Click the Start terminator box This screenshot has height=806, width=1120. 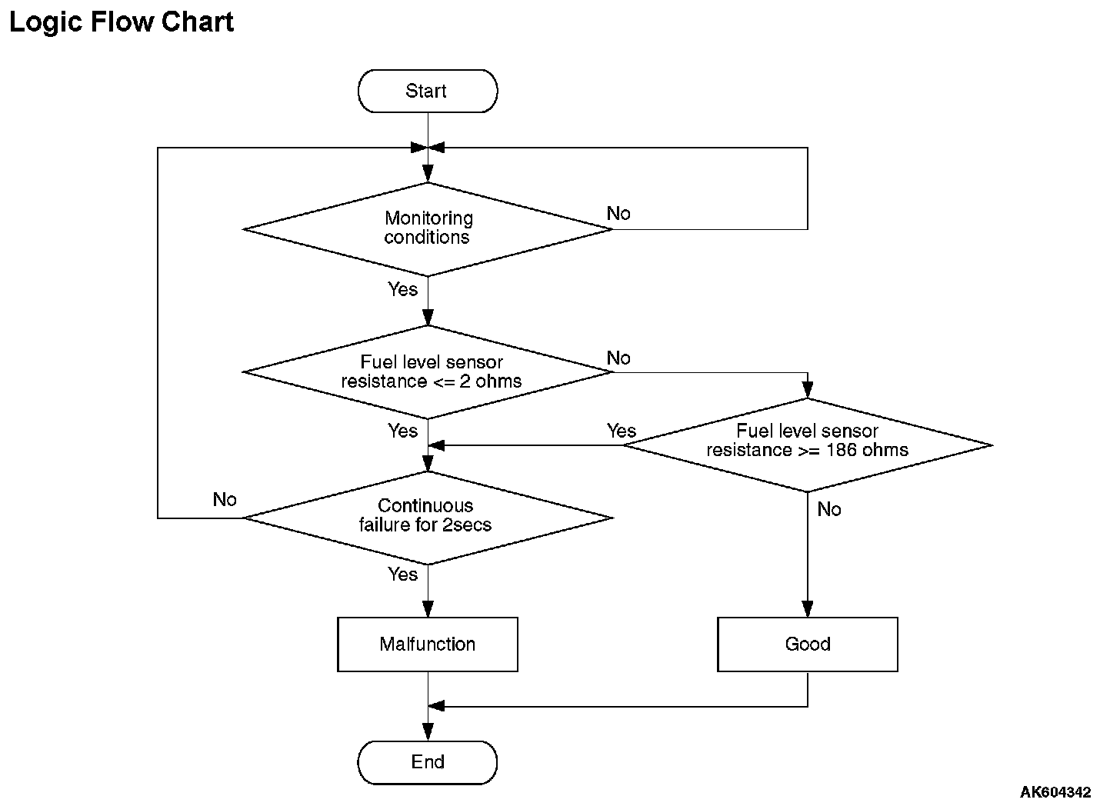428,91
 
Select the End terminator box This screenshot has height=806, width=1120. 428,762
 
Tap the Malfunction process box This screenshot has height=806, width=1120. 428,644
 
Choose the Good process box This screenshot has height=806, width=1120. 808,644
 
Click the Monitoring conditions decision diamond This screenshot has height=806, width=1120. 428,229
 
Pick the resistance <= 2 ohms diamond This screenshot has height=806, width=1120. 428,372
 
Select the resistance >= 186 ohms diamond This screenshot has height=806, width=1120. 808,445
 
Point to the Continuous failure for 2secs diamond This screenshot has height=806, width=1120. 428,518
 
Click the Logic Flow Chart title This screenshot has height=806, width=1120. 122,22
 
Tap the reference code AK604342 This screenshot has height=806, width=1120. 1055,792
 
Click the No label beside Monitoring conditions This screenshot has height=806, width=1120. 618,214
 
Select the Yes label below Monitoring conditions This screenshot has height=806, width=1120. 402,289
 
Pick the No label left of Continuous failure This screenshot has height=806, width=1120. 225,499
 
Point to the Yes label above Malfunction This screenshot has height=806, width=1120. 402,574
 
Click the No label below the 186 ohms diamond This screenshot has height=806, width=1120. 829,509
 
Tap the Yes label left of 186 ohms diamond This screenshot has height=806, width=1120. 622,431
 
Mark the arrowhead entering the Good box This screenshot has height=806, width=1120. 808,609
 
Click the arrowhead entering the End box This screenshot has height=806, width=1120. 428,732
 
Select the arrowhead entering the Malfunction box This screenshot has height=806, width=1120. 428,609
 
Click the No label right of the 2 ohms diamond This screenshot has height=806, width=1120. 618,358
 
